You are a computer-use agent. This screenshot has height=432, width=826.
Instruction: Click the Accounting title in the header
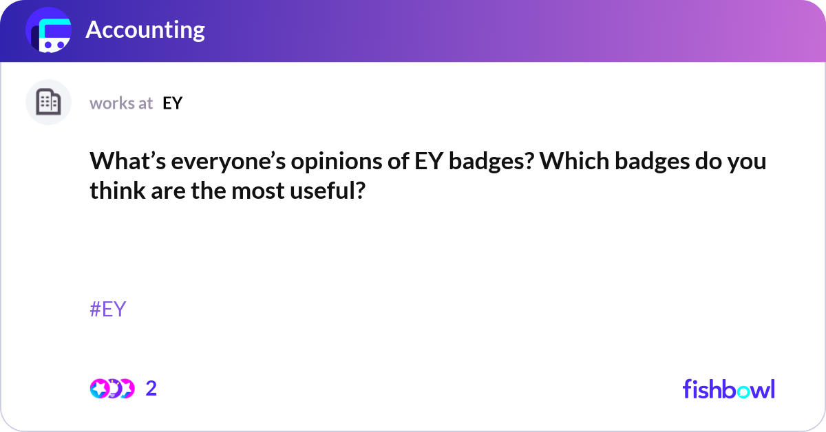(x=145, y=30)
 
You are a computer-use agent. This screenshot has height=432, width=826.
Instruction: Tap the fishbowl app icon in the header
(x=49, y=31)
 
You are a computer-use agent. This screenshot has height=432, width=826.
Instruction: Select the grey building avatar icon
(x=48, y=102)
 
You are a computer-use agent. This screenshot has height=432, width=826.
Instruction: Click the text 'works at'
(x=121, y=103)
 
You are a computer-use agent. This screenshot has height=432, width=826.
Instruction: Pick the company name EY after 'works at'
(x=172, y=103)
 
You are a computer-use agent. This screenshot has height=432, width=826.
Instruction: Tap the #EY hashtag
(x=108, y=309)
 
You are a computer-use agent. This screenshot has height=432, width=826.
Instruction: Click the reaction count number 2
(x=151, y=389)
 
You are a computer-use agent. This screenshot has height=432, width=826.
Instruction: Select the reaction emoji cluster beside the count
(x=112, y=389)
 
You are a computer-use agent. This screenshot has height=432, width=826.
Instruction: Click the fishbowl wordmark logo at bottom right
(x=728, y=389)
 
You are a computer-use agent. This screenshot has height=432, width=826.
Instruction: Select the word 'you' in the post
(x=748, y=163)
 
